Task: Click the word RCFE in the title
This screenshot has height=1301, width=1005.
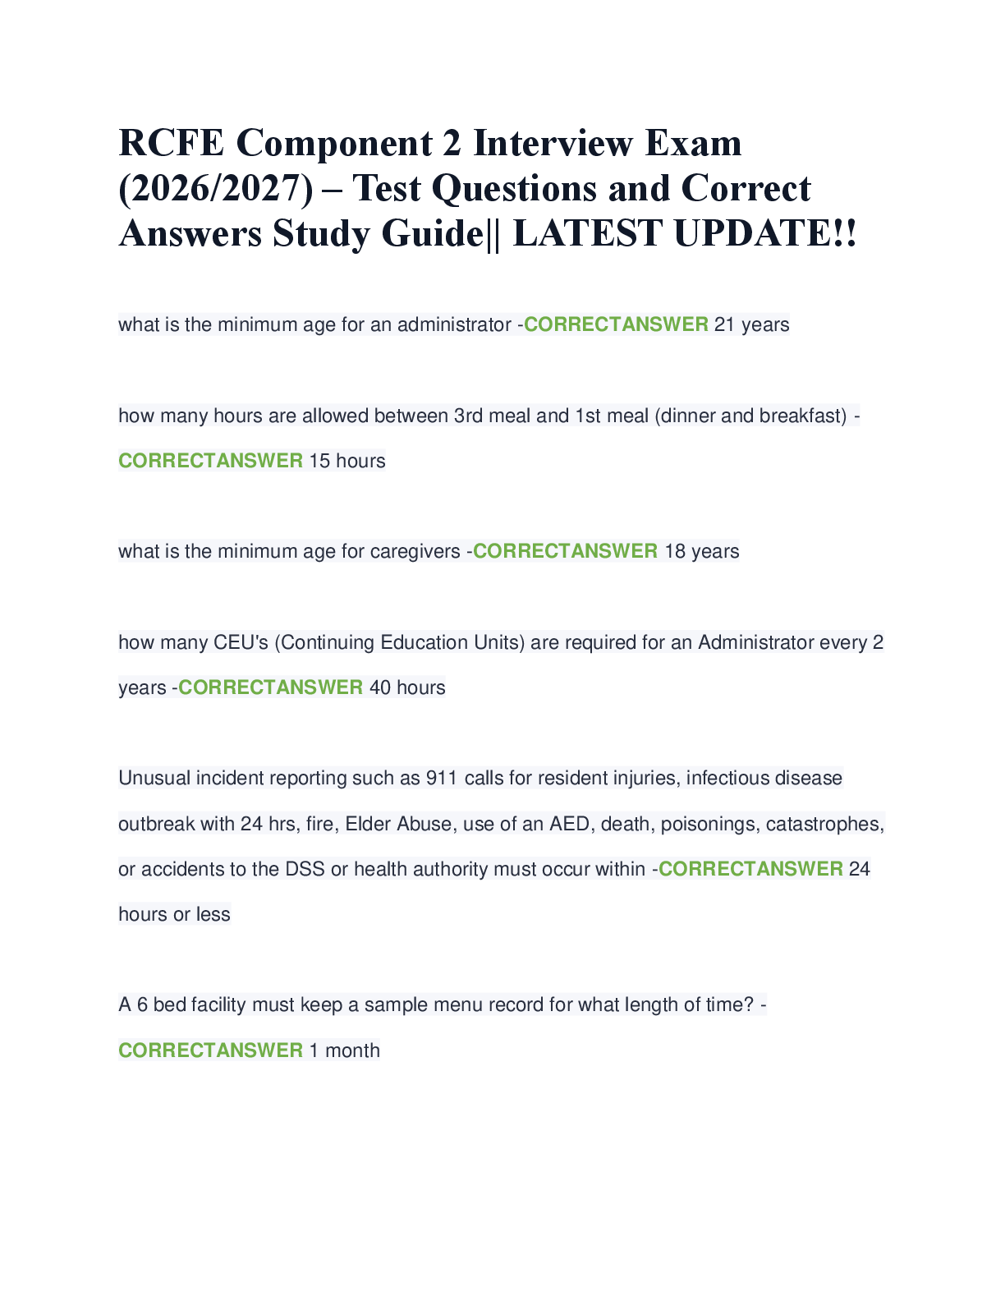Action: click(x=171, y=143)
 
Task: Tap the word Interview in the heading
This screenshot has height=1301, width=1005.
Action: click(x=553, y=143)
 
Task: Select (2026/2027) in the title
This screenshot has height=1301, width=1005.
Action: click(x=216, y=189)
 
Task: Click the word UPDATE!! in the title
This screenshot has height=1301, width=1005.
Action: click(x=765, y=233)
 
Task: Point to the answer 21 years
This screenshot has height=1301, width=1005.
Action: click(x=752, y=324)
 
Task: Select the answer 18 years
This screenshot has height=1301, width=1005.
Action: click(x=701, y=551)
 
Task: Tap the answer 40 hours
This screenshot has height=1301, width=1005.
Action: click(x=407, y=687)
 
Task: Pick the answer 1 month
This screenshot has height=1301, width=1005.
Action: click(x=344, y=1050)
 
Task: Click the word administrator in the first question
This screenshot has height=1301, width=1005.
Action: click(x=454, y=324)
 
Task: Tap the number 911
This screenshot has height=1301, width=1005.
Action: click(x=442, y=778)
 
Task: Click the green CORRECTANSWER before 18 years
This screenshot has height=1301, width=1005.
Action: click(x=565, y=551)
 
